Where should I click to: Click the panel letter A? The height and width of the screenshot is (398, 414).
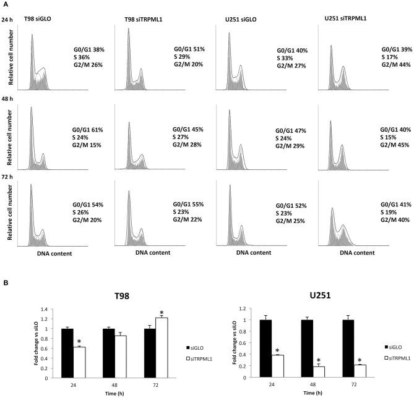point(6,4)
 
